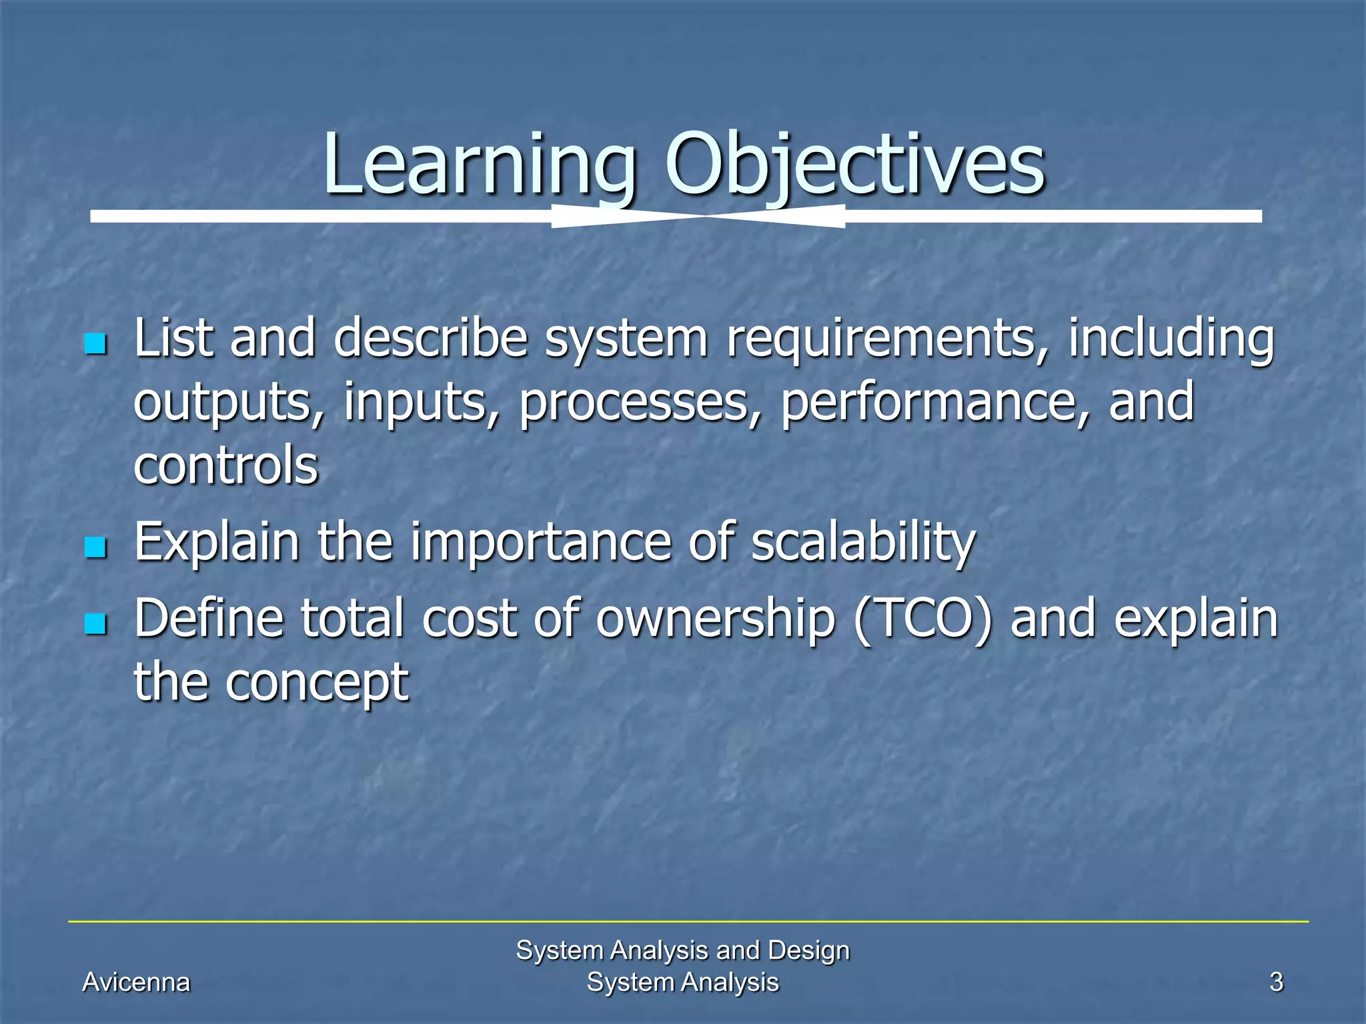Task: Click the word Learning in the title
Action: point(479,165)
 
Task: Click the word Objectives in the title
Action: point(855,165)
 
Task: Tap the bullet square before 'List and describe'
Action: point(96,344)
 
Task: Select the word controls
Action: point(226,465)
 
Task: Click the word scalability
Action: point(863,543)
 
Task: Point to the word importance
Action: point(540,543)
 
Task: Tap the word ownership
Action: point(715,619)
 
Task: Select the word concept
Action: point(317,683)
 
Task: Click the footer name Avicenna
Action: point(136,982)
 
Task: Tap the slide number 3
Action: point(1276,982)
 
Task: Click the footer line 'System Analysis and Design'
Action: point(682,950)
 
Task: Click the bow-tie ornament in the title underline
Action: point(698,216)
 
